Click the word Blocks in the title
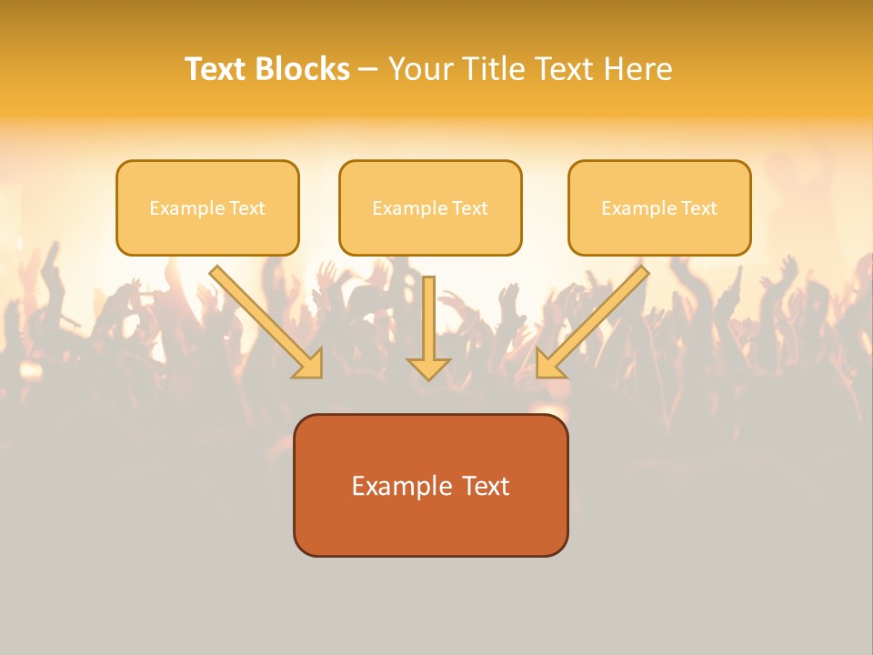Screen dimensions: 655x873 [303, 69]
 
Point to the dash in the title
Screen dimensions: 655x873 [368, 70]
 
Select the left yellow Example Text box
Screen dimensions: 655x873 [207, 207]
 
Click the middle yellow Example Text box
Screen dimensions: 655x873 [430, 207]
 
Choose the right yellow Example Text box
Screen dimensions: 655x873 [659, 207]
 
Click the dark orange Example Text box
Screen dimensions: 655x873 [430, 485]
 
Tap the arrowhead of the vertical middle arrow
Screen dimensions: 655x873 [428, 368]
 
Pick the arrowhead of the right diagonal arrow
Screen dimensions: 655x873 [549, 364]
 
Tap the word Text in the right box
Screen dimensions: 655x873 [698, 208]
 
